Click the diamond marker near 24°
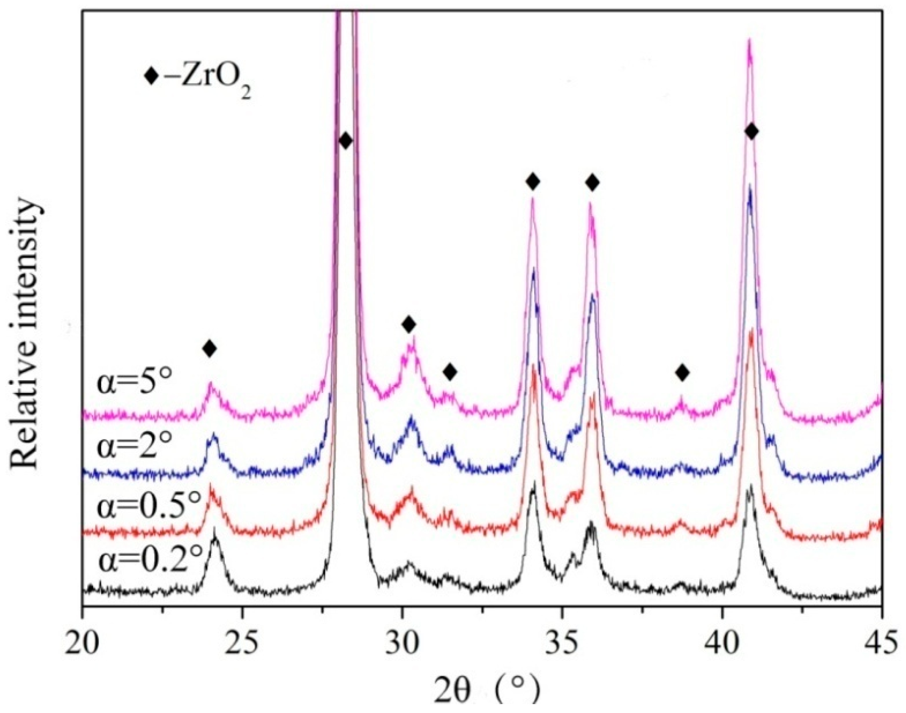click(x=209, y=348)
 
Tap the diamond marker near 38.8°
click(x=682, y=373)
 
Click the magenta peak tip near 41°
click(x=749, y=52)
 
